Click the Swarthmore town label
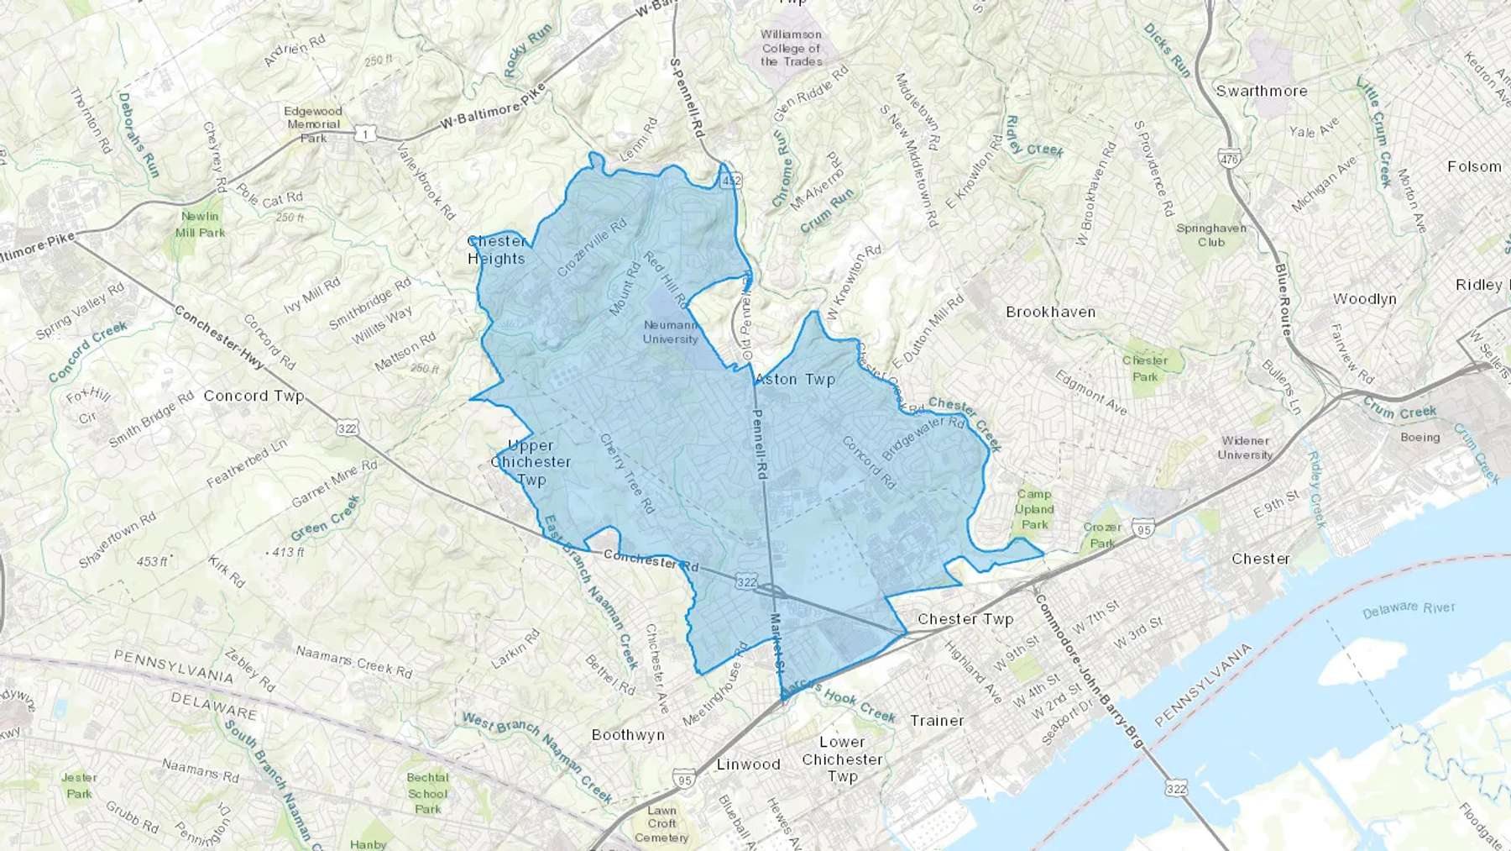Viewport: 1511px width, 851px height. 1261,91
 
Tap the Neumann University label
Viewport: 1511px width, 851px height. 670,332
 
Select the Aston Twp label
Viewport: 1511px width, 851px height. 795,380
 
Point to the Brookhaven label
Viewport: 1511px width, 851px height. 1050,312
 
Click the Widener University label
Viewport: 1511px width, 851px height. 1245,448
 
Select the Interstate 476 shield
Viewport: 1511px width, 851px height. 1229,159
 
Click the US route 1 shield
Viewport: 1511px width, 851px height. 364,134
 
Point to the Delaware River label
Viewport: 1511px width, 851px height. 1408,609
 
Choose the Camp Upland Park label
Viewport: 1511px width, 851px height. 1034,509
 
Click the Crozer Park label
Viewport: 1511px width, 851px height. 1102,534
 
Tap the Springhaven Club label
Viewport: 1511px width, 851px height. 1210,235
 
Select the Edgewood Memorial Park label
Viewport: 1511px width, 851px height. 313,124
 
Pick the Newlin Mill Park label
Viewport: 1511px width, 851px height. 200,224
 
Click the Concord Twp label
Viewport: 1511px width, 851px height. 254,396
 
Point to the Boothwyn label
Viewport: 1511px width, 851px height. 628,734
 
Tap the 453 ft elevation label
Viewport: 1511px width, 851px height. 151,561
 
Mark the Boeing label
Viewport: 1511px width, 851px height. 1420,437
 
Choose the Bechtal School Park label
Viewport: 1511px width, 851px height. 427,793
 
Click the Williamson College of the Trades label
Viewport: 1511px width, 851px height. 792,48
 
